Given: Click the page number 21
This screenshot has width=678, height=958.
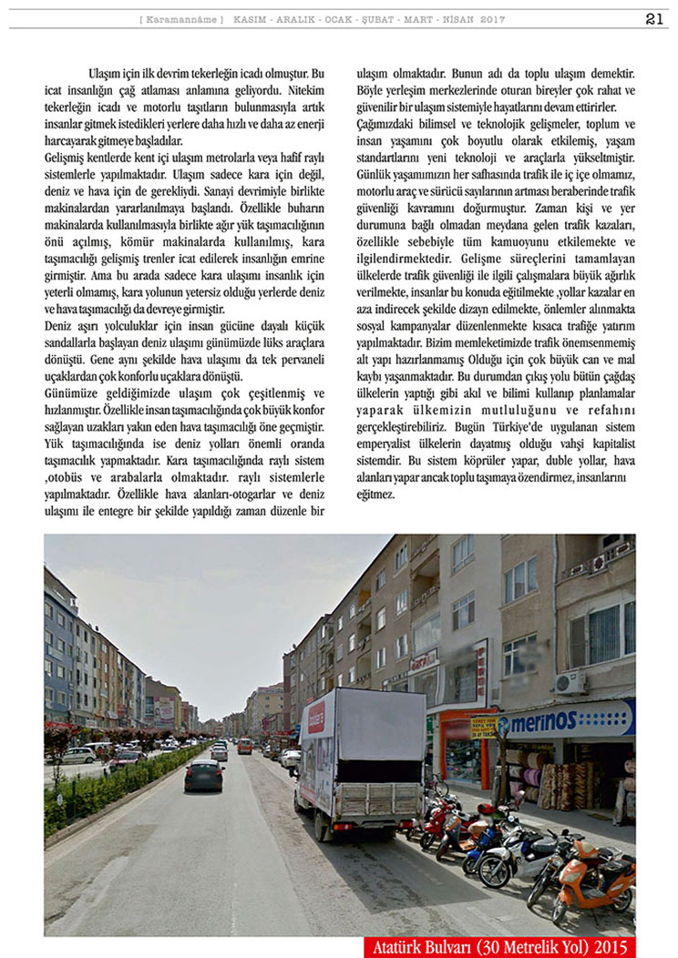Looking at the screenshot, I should click(654, 19).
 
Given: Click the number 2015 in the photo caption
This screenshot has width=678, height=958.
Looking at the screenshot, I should click(608, 947).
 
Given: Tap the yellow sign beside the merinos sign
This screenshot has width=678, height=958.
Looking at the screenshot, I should click(483, 727).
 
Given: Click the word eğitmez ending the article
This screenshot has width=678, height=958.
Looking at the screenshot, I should click(375, 494).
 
